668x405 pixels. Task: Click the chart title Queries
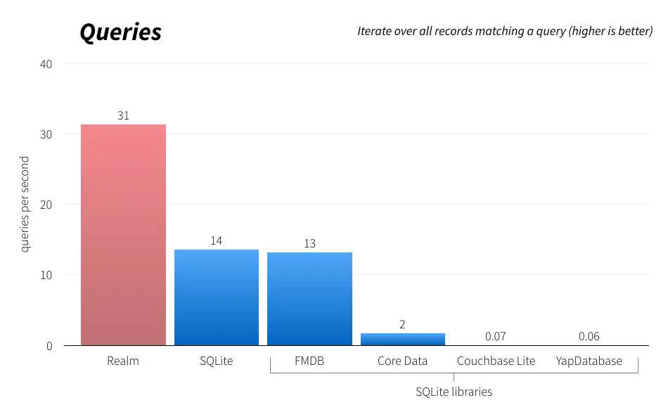pyautogui.click(x=120, y=32)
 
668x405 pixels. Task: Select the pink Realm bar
pyautogui.click(x=123, y=235)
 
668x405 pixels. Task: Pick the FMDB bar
pyautogui.click(x=309, y=299)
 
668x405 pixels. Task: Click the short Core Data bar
pyautogui.click(x=402, y=339)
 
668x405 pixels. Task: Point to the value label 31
pyautogui.click(x=123, y=115)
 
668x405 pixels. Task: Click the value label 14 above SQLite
pyautogui.click(x=216, y=240)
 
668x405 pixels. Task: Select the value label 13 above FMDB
pyautogui.click(x=309, y=243)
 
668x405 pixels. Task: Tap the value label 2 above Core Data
pyautogui.click(x=402, y=324)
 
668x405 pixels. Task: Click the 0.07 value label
pyautogui.click(x=496, y=336)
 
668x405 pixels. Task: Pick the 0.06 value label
pyautogui.click(x=589, y=336)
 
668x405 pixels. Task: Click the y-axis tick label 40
pyautogui.click(x=46, y=64)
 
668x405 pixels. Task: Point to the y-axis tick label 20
pyautogui.click(x=46, y=205)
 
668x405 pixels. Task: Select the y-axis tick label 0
pyautogui.click(x=50, y=346)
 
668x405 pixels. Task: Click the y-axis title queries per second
pyautogui.click(x=25, y=205)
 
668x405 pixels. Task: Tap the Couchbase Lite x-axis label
pyautogui.click(x=496, y=361)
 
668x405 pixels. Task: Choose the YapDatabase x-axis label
pyautogui.click(x=589, y=361)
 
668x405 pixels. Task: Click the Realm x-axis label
pyautogui.click(x=123, y=361)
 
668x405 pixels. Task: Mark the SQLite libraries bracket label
pyautogui.click(x=454, y=392)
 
